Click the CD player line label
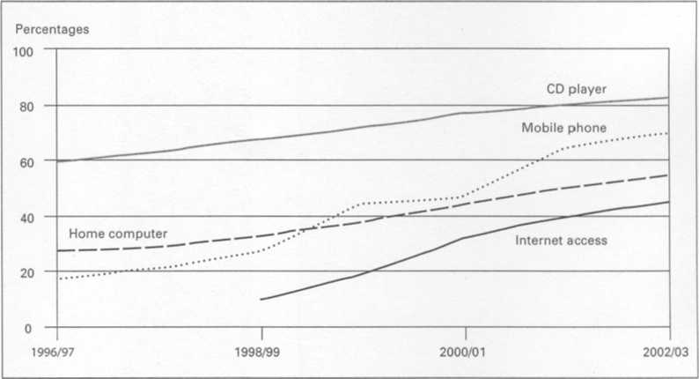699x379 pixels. [x=576, y=89]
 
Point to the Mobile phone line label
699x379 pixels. [x=563, y=128]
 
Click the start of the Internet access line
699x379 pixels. [x=261, y=300]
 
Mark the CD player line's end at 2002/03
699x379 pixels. [x=669, y=98]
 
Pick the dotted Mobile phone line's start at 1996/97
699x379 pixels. [x=58, y=279]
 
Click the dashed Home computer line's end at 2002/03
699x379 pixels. [x=669, y=175]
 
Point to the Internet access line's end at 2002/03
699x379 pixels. [x=669, y=202]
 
